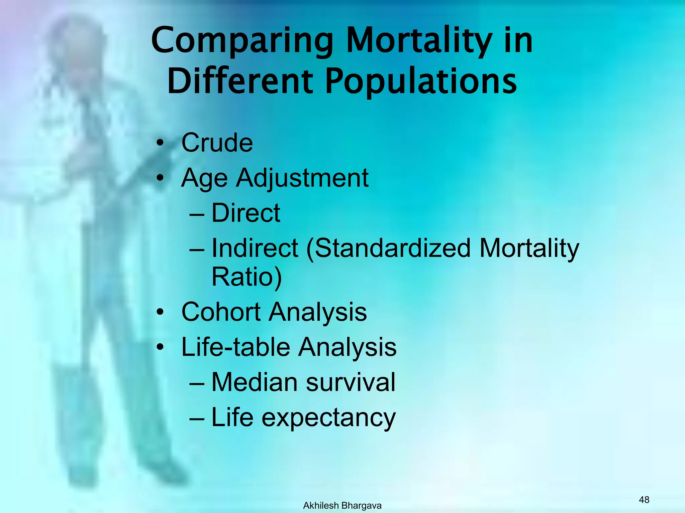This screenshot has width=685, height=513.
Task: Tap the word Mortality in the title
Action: pyautogui.click(x=419, y=41)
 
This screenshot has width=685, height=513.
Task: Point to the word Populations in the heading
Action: pyautogui.click(x=421, y=81)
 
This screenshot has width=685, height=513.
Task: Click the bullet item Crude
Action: pyautogui.click(x=217, y=143)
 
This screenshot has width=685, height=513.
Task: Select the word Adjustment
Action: pyautogui.click(x=302, y=178)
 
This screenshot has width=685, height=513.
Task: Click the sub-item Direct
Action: pyautogui.click(x=246, y=213)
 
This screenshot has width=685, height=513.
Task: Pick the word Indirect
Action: pyautogui.click(x=255, y=248)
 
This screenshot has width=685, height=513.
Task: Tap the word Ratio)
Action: pyautogui.click(x=247, y=277)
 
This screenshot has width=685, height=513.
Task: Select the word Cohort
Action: pyautogui.click(x=221, y=312)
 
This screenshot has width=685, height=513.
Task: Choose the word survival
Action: pyautogui.click(x=351, y=382)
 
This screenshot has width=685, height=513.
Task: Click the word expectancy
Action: pyautogui.click(x=328, y=418)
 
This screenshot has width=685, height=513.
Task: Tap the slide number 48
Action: pyautogui.click(x=644, y=500)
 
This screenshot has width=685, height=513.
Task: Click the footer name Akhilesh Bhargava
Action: pyautogui.click(x=342, y=506)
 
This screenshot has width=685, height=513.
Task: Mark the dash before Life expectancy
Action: pyautogui.click(x=197, y=418)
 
